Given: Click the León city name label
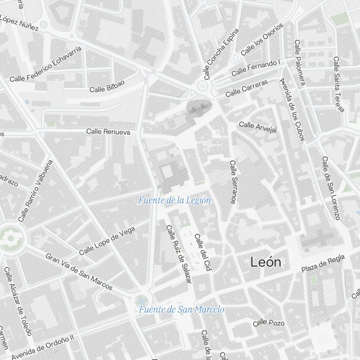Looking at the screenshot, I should pos(266,262).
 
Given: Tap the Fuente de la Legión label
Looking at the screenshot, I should pos(174,201).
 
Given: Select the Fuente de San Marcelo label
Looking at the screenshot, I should pos(181,310).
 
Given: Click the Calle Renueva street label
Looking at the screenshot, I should pos(108,132).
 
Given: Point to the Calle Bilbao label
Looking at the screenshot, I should pos(107,86).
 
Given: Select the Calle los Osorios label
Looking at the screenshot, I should pos(262,40).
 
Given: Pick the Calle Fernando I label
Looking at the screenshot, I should pos(256,68).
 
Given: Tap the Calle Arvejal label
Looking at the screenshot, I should pos(258,127).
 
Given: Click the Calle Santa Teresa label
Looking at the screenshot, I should pos(339,84).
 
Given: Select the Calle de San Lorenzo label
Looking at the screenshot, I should pos(331,188).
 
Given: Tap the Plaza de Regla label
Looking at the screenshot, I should pos(323,264).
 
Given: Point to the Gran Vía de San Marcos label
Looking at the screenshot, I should pos(79,271).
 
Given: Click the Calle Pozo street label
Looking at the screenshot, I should pos(269,323).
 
